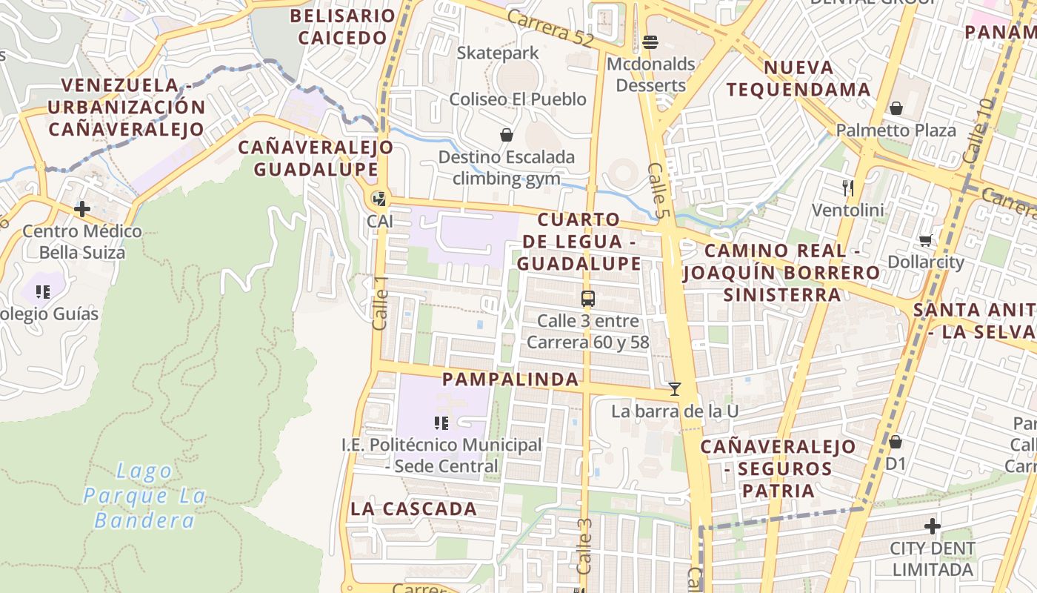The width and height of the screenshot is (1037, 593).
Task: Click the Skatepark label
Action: tap(498, 53)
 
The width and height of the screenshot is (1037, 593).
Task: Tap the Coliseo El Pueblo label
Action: tap(518, 99)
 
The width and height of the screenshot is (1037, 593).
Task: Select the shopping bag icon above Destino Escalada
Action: tap(507, 135)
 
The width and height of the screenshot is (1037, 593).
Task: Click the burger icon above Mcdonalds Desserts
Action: tap(650, 42)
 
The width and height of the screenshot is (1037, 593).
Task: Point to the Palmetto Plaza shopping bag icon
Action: tap(896, 109)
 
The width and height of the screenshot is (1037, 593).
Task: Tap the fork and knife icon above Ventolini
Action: tap(848, 188)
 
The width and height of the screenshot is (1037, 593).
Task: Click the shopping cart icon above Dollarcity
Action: tap(925, 240)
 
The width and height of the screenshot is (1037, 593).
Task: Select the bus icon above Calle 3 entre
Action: tap(587, 299)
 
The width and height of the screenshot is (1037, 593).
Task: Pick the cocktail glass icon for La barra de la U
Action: tap(674, 388)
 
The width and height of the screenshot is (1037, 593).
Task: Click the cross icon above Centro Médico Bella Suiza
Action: tap(81, 209)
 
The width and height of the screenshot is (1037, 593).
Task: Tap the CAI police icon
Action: tap(379, 199)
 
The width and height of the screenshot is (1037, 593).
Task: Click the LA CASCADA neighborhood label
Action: tap(414, 508)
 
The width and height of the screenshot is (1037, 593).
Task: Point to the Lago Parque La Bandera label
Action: tap(144, 495)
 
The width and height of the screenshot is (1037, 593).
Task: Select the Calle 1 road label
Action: tap(381, 303)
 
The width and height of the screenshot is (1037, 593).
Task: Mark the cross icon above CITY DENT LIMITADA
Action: tap(932, 527)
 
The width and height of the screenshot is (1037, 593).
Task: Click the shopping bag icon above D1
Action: tap(895, 442)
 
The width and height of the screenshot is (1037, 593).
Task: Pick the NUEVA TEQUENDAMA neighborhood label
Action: tap(798, 79)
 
